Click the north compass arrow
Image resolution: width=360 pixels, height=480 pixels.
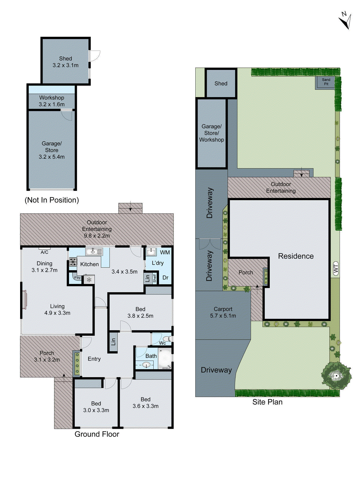point(345,21)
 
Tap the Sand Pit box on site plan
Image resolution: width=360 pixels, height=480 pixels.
point(326,82)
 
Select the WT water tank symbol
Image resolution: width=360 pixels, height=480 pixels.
point(336,268)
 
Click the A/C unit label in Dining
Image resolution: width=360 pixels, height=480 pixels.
point(44,252)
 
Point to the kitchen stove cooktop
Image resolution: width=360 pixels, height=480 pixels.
point(73,262)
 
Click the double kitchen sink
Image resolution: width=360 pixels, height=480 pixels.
point(94,252)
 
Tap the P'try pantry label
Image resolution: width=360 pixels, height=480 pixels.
point(77,277)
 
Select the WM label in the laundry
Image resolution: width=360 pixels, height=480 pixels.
point(165,252)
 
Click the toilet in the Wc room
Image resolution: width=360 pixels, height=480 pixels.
point(167,339)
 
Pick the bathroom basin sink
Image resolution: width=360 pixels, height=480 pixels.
point(146,365)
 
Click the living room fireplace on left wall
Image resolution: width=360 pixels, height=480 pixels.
point(24,299)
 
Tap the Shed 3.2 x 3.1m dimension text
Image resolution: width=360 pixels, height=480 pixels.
point(65,65)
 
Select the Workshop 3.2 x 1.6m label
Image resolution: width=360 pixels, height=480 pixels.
point(52,101)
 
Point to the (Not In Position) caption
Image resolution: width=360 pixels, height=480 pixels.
point(52,200)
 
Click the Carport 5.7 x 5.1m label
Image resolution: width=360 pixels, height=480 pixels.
point(223,312)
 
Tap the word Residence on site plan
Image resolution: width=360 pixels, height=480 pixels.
point(296,256)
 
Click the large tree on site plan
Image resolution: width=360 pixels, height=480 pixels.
point(336,376)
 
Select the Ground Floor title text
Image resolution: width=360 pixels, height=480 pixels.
point(97,434)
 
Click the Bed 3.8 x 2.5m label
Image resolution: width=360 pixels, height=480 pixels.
point(140,312)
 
